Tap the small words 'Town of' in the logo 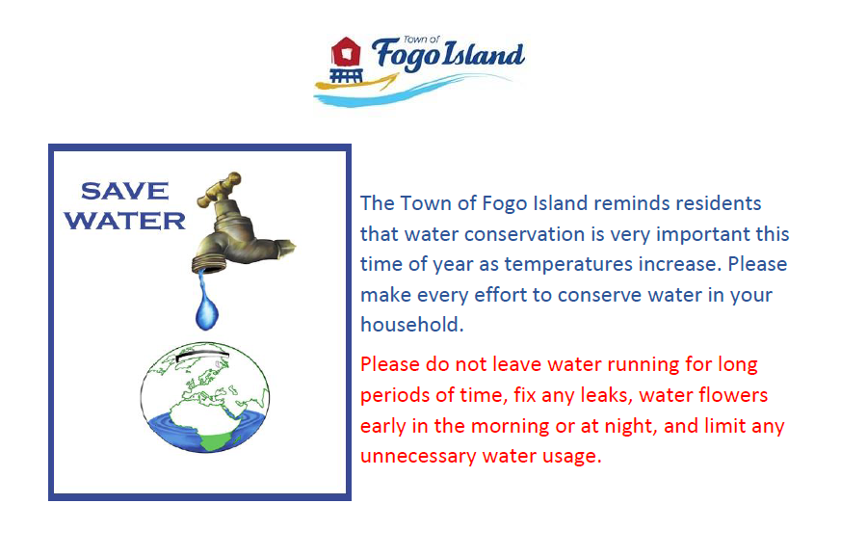pyautogui.click(x=421, y=40)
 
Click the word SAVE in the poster pyautogui.click(x=125, y=192)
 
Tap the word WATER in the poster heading pyautogui.click(x=125, y=221)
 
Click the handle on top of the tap pyautogui.click(x=220, y=188)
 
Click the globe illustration pyautogui.click(x=205, y=397)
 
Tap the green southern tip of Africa pyautogui.click(x=216, y=442)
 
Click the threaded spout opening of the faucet pyautogui.click(x=210, y=263)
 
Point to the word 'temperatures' pyautogui.click(x=567, y=264)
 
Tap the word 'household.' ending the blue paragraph pyautogui.click(x=412, y=324)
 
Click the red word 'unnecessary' pyautogui.click(x=418, y=457)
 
